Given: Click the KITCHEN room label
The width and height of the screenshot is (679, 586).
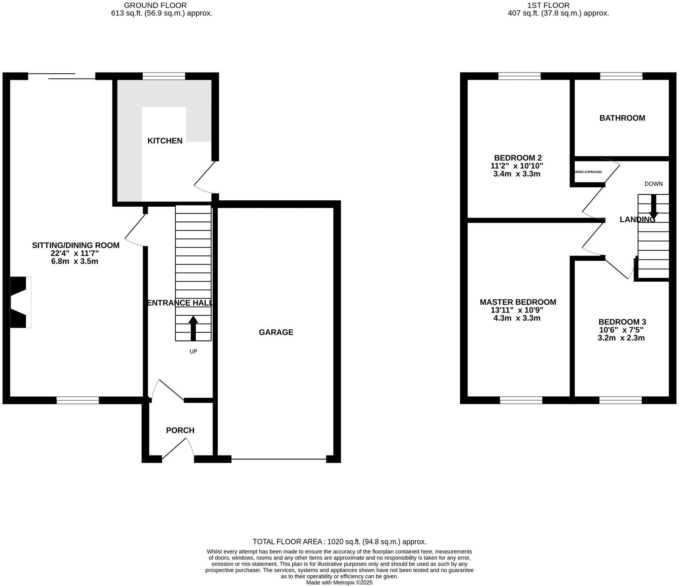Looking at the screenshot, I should [x=165, y=140].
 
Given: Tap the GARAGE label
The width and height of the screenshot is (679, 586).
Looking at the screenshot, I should [x=276, y=332].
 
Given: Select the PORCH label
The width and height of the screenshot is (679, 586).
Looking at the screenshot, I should [x=180, y=430].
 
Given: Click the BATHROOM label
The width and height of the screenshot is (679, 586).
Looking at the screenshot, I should [x=622, y=118].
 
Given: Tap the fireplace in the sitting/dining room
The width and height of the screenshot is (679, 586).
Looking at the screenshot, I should [x=20, y=302].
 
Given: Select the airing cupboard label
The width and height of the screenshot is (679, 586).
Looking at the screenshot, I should [x=589, y=172].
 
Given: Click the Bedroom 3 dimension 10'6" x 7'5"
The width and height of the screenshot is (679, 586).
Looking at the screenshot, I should [x=621, y=330].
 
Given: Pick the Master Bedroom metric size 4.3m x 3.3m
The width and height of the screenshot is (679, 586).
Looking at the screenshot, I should [x=518, y=318].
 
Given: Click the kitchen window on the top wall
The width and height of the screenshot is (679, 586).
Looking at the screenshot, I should [x=164, y=76].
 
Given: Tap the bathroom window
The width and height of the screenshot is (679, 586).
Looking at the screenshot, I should [x=621, y=76].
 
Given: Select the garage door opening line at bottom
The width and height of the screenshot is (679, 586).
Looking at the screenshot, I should [x=279, y=459].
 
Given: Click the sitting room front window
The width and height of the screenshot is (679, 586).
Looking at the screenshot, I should [x=78, y=400].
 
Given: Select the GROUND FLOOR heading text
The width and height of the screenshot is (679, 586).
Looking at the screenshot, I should [x=155, y=6].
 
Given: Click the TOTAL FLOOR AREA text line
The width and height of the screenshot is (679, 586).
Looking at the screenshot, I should [x=339, y=542].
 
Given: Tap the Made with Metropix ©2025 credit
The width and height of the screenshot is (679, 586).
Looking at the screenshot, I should [x=339, y=582].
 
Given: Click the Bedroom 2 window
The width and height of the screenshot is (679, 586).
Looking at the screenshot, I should [x=520, y=76].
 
